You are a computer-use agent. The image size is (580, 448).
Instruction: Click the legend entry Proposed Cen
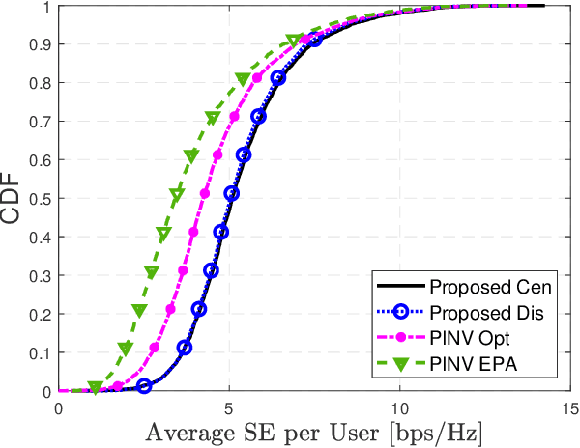[x=490, y=287]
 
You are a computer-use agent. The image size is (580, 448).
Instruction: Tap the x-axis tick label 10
[x=399, y=408]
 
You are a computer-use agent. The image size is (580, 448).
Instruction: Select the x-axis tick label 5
[x=229, y=408]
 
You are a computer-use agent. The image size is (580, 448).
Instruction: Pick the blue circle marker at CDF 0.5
[x=231, y=194]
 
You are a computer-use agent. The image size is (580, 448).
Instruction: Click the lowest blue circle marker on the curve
[x=144, y=386]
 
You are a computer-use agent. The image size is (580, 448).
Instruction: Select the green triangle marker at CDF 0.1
[x=125, y=349]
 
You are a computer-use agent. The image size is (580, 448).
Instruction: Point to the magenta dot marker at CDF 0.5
[x=204, y=194]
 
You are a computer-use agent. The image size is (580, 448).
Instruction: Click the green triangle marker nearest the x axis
[x=95, y=388]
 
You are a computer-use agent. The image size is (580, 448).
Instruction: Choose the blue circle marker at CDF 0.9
[x=314, y=42]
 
